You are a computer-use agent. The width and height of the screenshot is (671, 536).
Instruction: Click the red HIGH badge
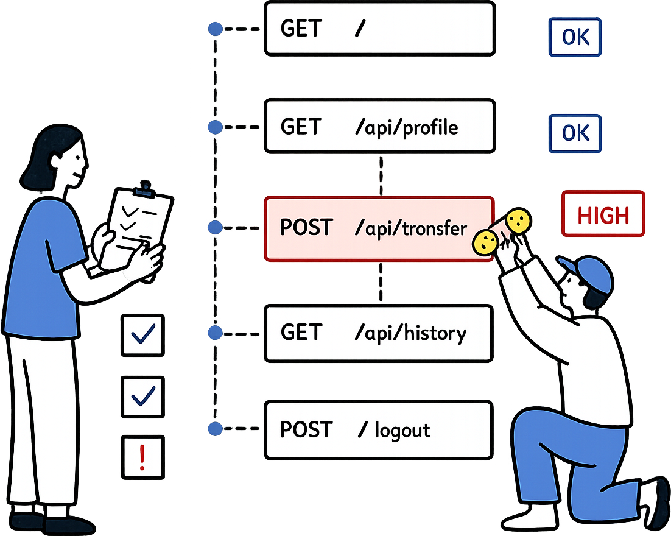tap(603, 214)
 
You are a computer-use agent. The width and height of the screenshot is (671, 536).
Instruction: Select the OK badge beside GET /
tap(575, 37)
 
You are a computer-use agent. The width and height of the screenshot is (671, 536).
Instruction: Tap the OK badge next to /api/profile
tap(575, 133)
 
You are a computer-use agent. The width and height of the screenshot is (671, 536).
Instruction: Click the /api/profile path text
tap(406, 127)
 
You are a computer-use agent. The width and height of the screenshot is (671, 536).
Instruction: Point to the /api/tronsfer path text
tap(410, 228)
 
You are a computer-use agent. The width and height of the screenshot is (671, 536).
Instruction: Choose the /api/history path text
tap(410, 334)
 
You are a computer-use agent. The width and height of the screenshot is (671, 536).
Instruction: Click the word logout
tap(402, 431)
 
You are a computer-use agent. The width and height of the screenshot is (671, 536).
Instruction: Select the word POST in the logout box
tap(306, 429)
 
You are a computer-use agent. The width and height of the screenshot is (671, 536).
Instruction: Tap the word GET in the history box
tap(300, 333)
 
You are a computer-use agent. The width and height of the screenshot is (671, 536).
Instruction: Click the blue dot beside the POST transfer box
tap(216, 227)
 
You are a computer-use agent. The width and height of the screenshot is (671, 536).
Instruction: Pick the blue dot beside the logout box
tap(216, 429)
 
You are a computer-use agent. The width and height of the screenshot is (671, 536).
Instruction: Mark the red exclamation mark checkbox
tap(143, 457)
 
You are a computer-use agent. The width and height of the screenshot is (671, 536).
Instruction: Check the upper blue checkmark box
tap(143, 335)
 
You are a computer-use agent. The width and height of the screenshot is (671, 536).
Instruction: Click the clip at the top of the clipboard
tap(145, 189)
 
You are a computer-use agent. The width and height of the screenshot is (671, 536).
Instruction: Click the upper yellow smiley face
tap(519, 220)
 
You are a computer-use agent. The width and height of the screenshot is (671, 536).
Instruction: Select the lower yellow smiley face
tap(485, 243)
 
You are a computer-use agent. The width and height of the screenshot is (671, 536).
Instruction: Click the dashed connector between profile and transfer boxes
tap(381, 175)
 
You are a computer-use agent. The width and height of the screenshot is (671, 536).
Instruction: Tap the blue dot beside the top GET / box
tap(216, 29)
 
